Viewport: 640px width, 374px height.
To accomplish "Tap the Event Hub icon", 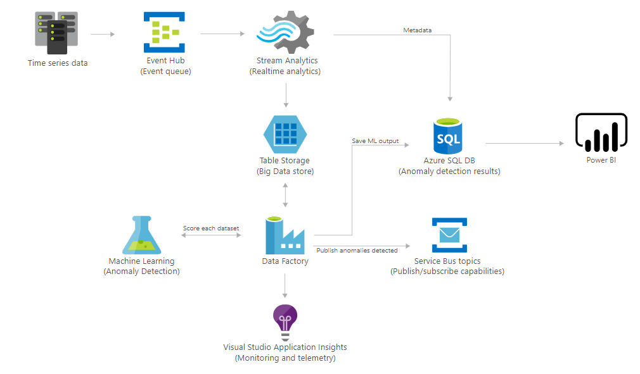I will (x=164, y=32).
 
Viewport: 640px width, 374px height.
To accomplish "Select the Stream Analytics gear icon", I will (x=285, y=32).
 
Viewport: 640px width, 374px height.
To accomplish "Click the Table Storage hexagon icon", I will (x=285, y=134).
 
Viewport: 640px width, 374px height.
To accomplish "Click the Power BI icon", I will (x=601, y=132).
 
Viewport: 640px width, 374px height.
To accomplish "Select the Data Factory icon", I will (x=285, y=235).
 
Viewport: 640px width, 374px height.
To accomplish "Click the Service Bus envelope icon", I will (x=449, y=235).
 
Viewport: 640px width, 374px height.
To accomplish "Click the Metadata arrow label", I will (x=418, y=30).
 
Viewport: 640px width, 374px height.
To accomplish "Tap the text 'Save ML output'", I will (x=375, y=140).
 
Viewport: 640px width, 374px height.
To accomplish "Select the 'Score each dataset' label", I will (x=211, y=228).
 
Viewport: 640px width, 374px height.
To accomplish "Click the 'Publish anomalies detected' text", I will (x=357, y=251).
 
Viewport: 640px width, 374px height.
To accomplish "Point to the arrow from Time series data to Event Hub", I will (x=103, y=34).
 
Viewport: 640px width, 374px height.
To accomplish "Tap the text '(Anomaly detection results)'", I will (x=449, y=171).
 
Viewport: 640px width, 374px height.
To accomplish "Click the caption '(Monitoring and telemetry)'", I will (x=285, y=358).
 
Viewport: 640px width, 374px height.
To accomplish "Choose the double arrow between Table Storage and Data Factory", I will (x=285, y=195).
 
